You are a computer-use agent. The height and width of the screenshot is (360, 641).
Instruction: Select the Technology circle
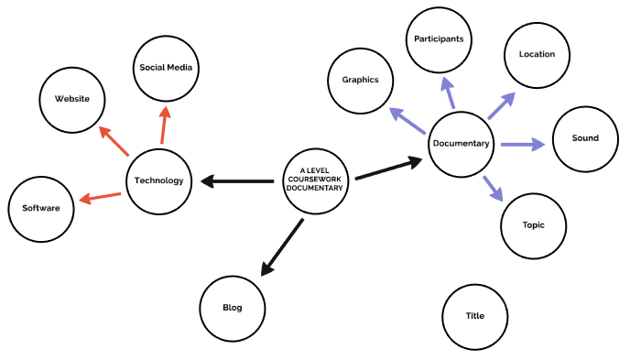pos(159,180)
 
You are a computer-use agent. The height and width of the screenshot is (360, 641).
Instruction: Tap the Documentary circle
pos(462,144)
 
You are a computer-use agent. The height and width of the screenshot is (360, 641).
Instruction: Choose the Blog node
pos(233,308)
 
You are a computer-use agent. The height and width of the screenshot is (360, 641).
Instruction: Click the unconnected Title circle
pos(474,316)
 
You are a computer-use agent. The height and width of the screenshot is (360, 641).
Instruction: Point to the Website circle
pos(72,99)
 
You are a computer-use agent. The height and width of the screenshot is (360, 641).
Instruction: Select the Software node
pos(41,208)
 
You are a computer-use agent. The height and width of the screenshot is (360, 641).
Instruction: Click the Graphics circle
pos(361,80)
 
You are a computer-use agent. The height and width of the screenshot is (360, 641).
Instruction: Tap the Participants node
pos(439,39)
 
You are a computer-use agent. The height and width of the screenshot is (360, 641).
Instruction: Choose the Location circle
pos(537,54)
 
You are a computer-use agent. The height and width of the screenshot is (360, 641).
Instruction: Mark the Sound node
pos(585,138)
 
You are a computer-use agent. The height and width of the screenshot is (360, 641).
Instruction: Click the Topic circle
pos(534,224)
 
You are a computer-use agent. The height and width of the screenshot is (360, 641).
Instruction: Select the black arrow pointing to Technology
pos(237,181)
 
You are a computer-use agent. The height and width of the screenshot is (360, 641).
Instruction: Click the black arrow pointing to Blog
pos(282,247)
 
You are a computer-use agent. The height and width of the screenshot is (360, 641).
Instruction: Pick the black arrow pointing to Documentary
pos(388,169)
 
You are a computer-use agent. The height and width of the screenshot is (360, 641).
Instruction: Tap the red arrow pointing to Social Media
pos(164,125)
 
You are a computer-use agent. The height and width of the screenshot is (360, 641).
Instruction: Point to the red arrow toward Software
pos(100,197)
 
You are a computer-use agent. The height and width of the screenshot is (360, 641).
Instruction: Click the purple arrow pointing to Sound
pos(522,144)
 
